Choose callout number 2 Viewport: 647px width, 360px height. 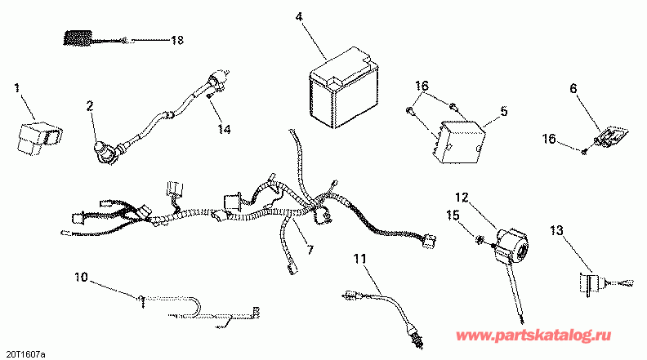(90, 104)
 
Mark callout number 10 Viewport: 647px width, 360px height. (79, 278)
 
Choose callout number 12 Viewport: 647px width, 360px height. (463, 197)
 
